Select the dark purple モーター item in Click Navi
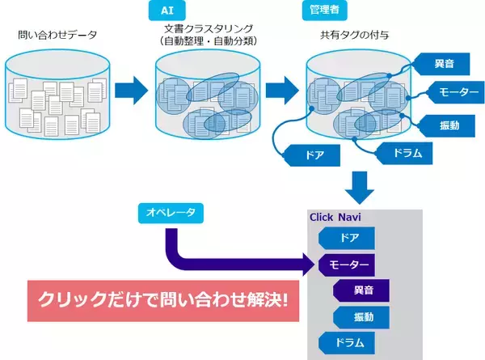[x=349, y=265]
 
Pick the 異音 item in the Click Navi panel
[x=363, y=290]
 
